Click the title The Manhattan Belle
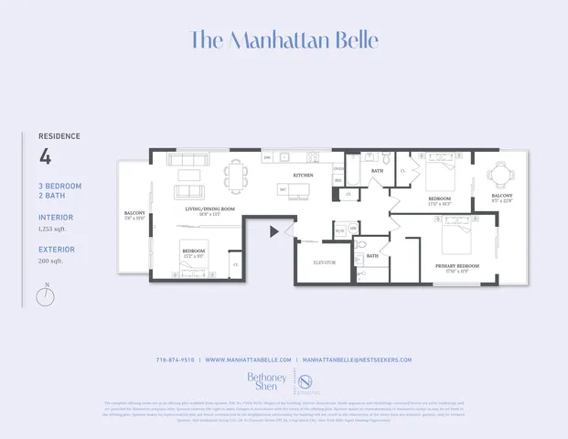pos(284,40)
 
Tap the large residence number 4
pos(46,156)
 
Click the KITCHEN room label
pos(303,175)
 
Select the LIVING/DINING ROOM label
pos(211,209)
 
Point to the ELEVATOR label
pos(324,262)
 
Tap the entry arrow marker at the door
pos(274,231)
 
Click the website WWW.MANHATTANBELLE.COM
pos(248,359)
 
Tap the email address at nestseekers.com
pos(357,359)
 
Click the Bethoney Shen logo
pos(266,380)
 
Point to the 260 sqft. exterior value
pos(50,261)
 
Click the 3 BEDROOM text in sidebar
pos(59,186)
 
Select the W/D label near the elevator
pos(338,230)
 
